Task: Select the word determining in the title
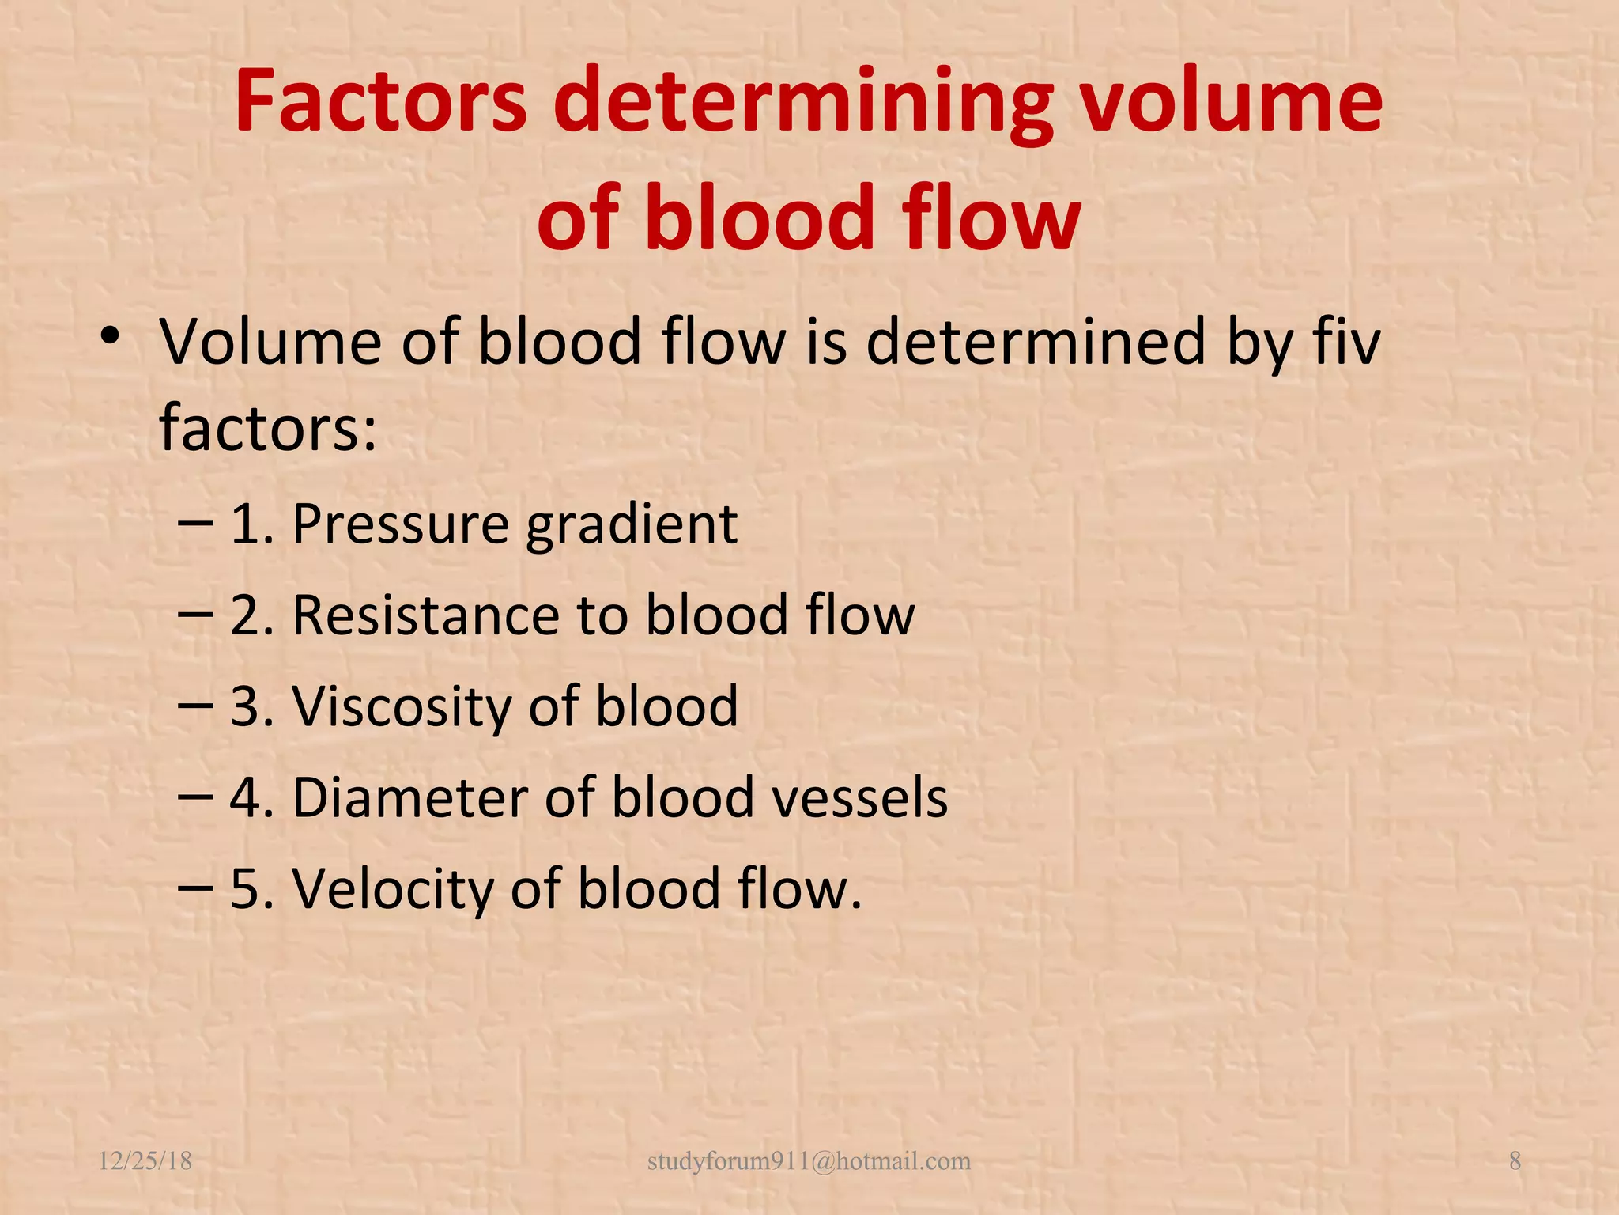tap(803, 101)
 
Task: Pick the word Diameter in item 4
tap(410, 797)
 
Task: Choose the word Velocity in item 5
tap(394, 888)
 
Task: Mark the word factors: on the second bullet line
tap(268, 427)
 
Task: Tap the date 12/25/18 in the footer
tap(145, 1161)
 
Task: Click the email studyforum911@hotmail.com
tap(809, 1161)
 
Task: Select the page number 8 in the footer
tap(1515, 1161)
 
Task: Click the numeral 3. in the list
tap(252, 706)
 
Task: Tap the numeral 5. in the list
tap(252, 888)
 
